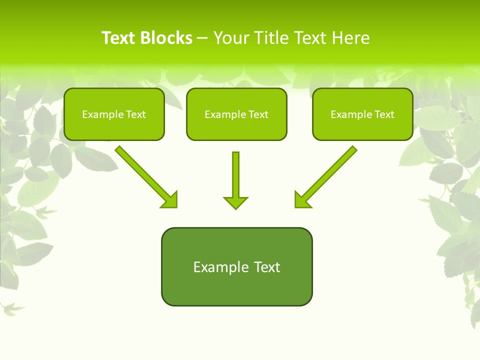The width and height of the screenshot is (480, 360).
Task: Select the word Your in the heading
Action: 231,38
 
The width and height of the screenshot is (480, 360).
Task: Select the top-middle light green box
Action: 236,128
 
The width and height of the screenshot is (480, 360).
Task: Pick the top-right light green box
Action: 362,128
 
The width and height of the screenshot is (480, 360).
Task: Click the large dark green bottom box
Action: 236,288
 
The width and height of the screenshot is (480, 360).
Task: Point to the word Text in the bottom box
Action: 267,267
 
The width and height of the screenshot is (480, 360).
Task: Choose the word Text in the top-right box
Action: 384,114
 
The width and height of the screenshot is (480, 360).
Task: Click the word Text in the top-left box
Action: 136,114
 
